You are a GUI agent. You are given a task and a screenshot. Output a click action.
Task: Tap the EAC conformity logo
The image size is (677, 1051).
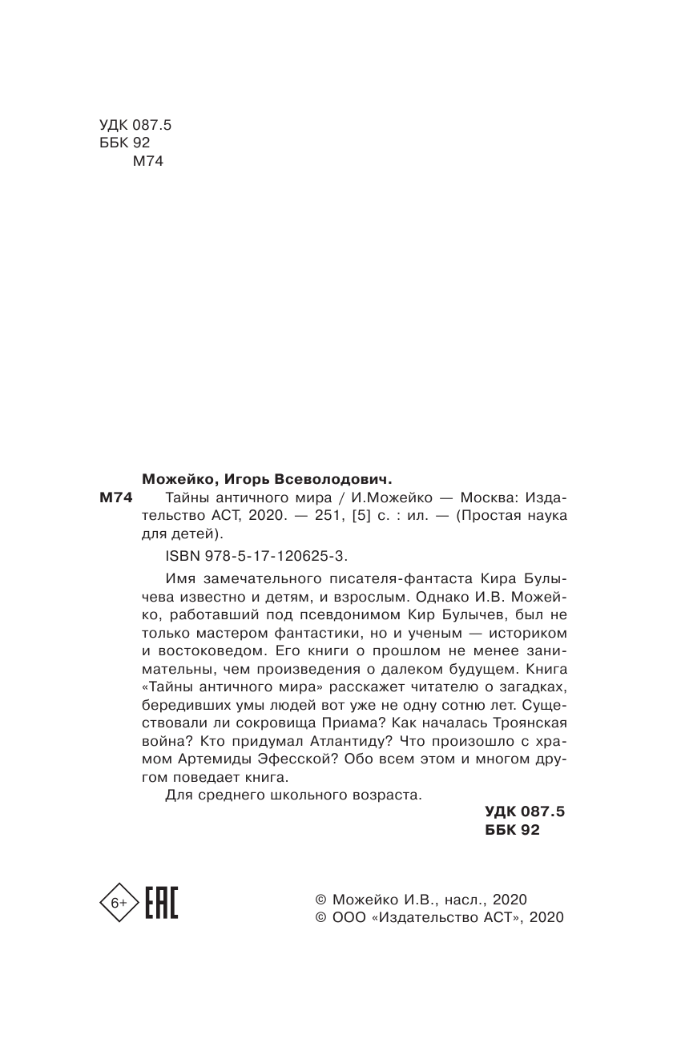pyautogui.click(x=161, y=903)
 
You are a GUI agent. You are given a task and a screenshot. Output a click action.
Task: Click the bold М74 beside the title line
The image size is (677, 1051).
pyautogui.click(x=114, y=497)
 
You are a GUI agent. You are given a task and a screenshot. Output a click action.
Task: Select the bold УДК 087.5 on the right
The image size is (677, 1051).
pyautogui.click(x=525, y=812)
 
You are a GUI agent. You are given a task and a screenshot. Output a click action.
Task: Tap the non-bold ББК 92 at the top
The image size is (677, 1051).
pyautogui.click(x=125, y=142)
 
